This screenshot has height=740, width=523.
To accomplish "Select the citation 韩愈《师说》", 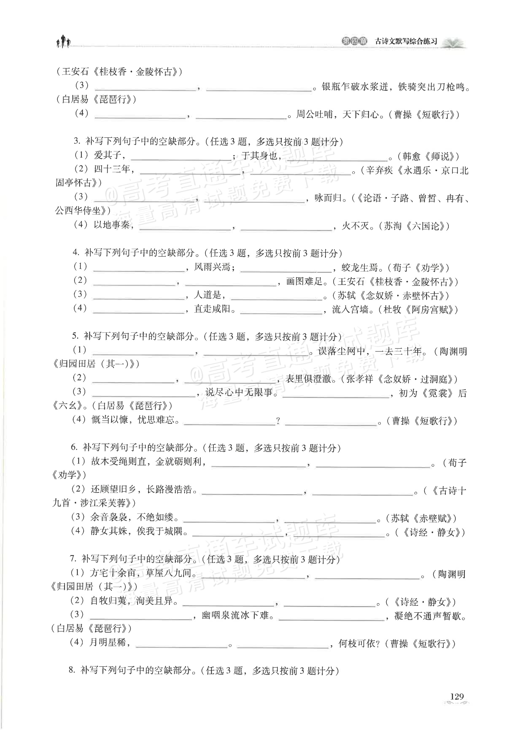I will click(x=428, y=156).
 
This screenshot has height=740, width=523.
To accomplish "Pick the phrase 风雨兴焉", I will click(x=212, y=267).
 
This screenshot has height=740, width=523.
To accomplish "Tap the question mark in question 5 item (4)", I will click(x=278, y=421).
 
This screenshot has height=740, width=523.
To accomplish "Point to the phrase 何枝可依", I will click(x=357, y=644).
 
